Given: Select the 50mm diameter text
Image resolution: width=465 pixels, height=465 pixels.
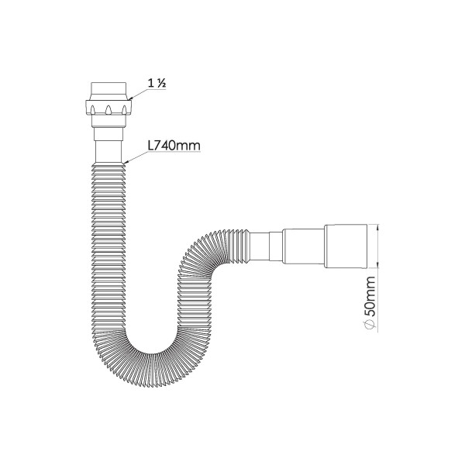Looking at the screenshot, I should pyautogui.click(x=370, y=294).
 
